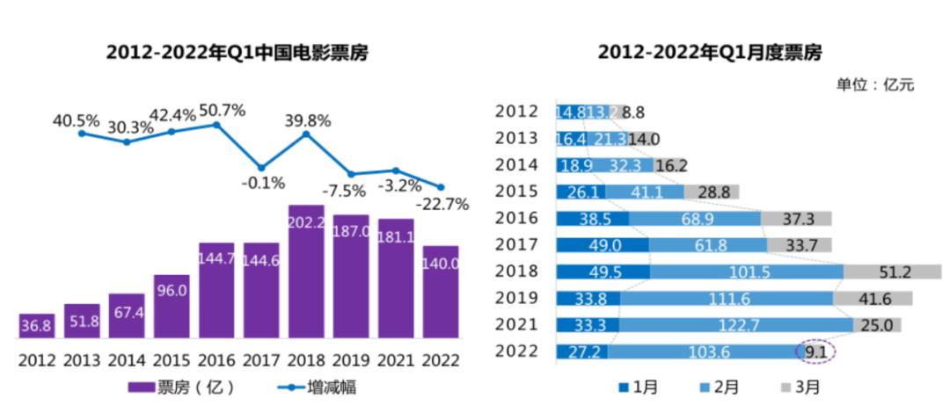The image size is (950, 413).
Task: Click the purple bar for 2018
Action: coord(306,272)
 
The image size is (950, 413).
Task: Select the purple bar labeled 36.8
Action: coord(36,326)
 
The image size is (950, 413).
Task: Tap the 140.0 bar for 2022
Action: coord(441,292)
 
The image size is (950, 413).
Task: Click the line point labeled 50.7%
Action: coord(216,125)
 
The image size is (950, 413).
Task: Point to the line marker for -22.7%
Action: coord(441,186)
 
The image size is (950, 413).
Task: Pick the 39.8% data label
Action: coord(306,120)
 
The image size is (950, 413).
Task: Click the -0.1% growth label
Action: coord(262,184)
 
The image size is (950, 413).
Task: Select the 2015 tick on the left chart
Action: coord(172,359)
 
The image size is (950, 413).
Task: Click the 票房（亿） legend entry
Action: coord(181,387)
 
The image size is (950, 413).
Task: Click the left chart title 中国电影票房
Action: coord(237,54)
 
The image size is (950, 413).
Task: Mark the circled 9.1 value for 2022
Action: coord(815,352)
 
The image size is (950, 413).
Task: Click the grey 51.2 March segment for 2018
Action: coord(892,272)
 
